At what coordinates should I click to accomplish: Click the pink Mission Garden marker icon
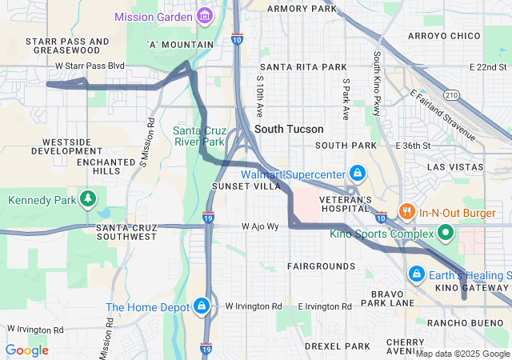tap(205, 16)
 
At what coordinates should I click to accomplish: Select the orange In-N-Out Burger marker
tap(407, 213)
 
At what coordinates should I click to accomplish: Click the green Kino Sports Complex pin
tap(446, 234)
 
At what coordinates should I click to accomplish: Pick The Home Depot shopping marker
tap(202, 306)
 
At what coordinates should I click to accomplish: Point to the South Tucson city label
tap(289, 129)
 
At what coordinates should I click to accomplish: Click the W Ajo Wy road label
tap(261, 226)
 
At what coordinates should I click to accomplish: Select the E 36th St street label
tap(413, 146)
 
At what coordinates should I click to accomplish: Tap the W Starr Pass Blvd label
tap(90, 65)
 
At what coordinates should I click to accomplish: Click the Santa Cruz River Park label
tap(199, 136)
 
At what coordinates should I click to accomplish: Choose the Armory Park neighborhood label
tap(302, 9)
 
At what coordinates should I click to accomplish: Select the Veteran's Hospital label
tap(342, 204)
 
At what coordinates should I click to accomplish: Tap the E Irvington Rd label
tap(324, 306)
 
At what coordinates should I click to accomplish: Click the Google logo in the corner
tap(26, 350)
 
